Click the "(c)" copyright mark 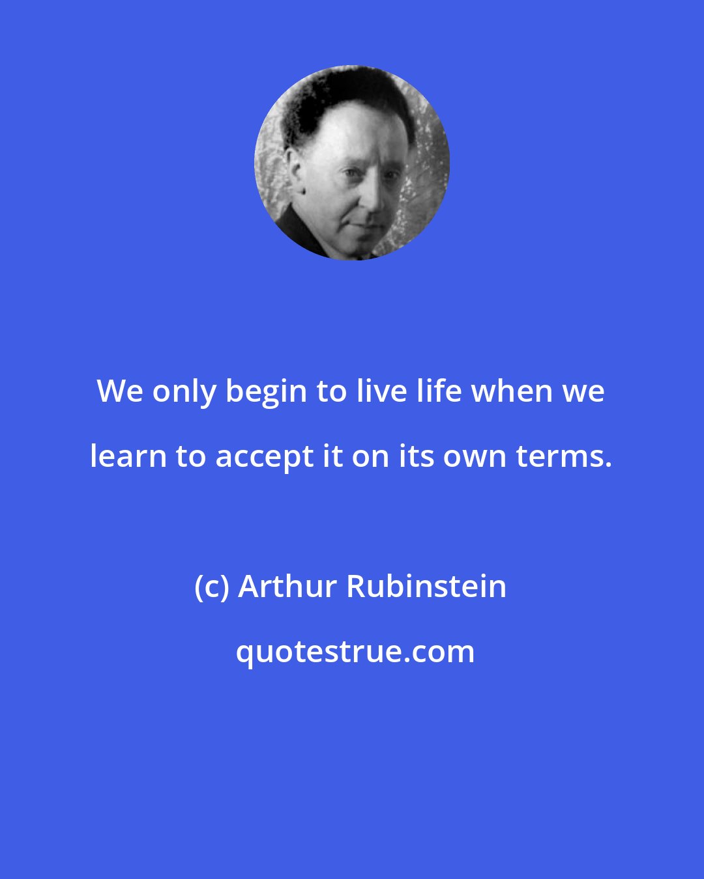point(213,587)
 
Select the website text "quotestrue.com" point(355,652)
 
